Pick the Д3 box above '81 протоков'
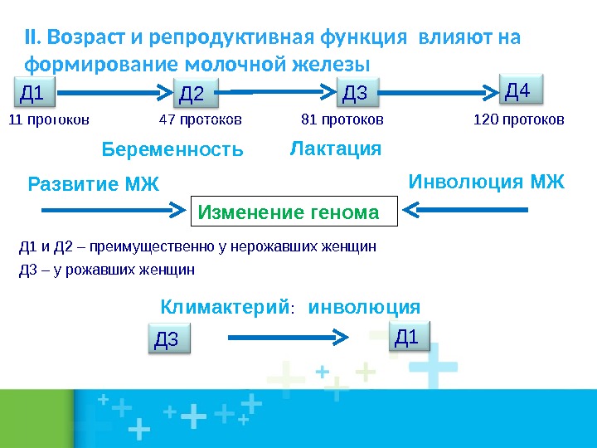(359, 93)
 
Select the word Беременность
(172, 150)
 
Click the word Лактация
(335, 149)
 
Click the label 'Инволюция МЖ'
(487, 182)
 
